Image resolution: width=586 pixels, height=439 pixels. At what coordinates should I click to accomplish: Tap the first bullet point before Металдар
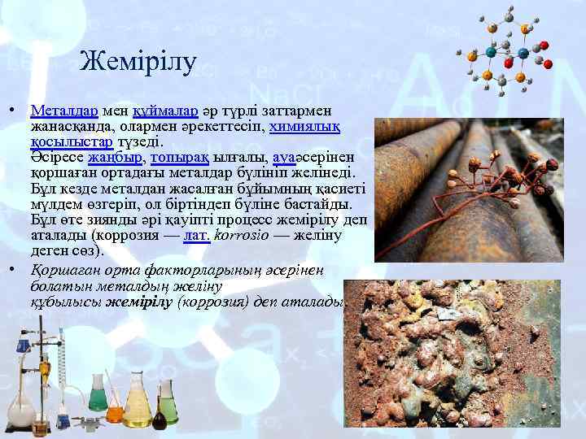[14, 108]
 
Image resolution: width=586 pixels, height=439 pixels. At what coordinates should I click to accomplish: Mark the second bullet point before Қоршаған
[14, 269]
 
